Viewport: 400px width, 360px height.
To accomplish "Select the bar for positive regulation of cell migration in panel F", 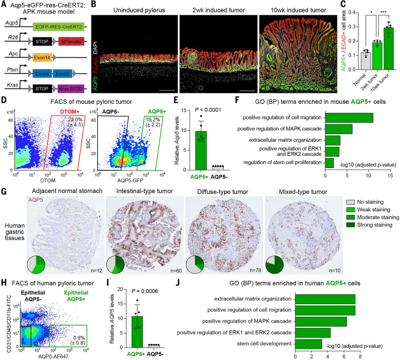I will click(349, 118).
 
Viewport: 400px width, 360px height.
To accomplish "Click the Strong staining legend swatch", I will click(350, 225).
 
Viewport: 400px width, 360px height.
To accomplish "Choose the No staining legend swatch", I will click(350, 202).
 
